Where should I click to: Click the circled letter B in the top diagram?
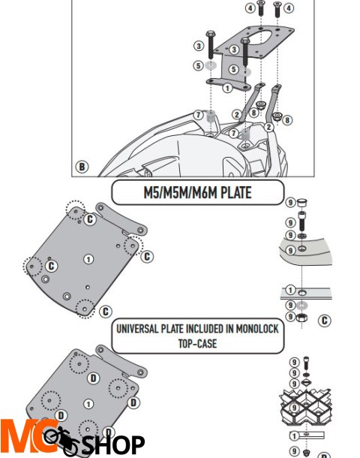(82, 167)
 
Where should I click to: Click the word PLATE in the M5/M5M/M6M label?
(235, 193)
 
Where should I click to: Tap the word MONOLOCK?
(257, 329)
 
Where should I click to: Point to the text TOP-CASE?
(197, 344)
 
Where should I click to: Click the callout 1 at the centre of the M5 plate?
(88, 259)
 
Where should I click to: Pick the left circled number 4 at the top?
(250, 8)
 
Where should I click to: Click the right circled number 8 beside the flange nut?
(287, 120)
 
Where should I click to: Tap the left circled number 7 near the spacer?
(198, 115)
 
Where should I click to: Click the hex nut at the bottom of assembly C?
(301, 317)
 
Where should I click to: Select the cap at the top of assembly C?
(302, 202)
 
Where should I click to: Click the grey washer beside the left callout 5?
(210, 65)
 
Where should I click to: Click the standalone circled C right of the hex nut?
(324, 321)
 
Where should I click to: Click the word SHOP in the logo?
(114, 444)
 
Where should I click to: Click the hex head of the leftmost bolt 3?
(210, 34)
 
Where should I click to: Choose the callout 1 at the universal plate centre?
(88, 404)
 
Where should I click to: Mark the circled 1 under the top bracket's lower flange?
(227, 88)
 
